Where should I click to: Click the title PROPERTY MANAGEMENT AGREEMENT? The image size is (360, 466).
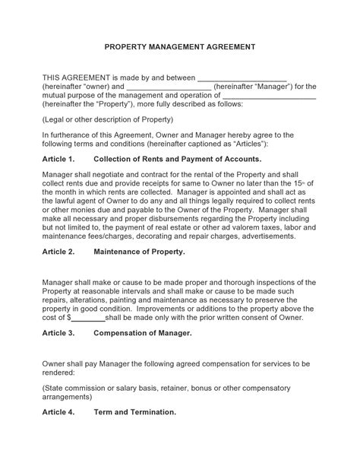coord(179,46)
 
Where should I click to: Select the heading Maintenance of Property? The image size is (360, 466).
coord(138,250)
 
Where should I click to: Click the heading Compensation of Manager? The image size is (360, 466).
coord(143,332)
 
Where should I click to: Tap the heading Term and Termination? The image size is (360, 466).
coord(134,412)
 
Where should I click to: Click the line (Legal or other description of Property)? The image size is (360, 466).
coord(108,119)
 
